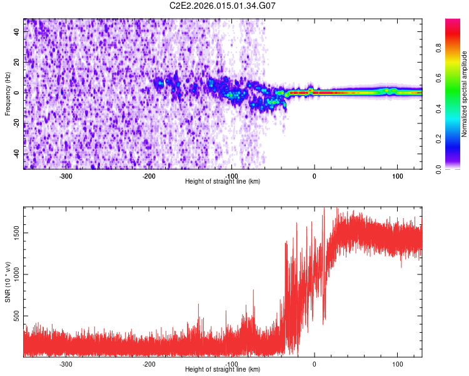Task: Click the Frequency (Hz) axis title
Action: click(x=8, y=94)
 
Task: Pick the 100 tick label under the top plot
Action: click(x=397, y=175)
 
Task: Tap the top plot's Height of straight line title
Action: click(x=223, y=181)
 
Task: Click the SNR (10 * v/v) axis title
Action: click(x=8, y=282)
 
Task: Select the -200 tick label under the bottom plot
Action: click(x=149, y=363)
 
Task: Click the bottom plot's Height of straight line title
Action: click(x=223, y=369)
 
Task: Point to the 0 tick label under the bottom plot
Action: click(x=315, y=363)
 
